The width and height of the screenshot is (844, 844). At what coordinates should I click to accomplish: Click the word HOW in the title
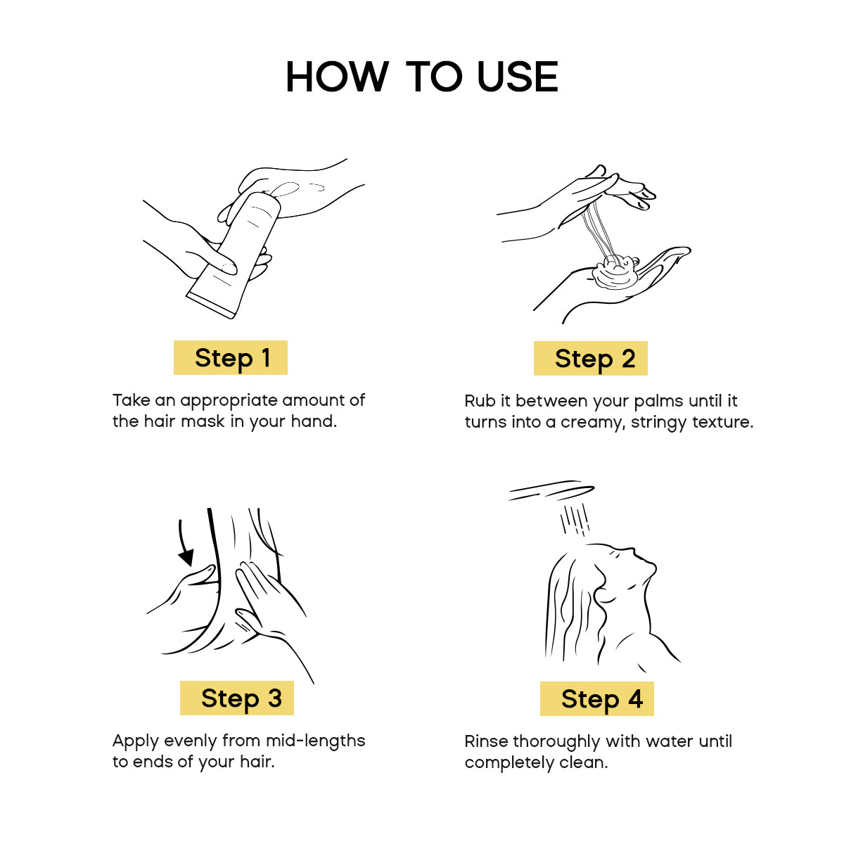(x=337, y=77)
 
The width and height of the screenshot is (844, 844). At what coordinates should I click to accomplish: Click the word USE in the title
(x=517, y=77)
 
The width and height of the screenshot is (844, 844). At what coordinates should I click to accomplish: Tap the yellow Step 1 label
(x=231, y=357)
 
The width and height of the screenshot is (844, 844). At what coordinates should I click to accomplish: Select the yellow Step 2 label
(x=590, y=358)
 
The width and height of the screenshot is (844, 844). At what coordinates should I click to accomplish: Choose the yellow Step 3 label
(x=237, y=698)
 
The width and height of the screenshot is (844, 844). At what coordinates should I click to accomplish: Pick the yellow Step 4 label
(x=597, y=698)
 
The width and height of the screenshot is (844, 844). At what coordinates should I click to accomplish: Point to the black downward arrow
(x=185, y=543)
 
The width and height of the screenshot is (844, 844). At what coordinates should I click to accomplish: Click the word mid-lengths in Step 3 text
(x=316, y=741)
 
